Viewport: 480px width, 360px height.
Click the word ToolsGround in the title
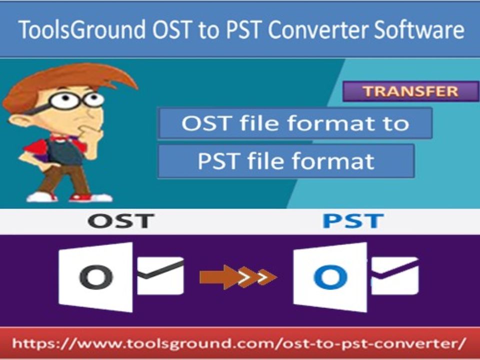click(81, 29)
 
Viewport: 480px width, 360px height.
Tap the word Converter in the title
click(319, 29)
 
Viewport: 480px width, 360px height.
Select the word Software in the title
click(419, 29)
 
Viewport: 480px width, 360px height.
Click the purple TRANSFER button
click(410, 91)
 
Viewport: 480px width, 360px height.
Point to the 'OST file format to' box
click(295, 123)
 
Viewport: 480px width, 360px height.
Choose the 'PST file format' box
click(286, 161)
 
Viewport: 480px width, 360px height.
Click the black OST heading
click(121, 221)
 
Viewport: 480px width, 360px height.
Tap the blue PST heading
click(353, 221)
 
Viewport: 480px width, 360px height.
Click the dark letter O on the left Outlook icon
click(96, 276)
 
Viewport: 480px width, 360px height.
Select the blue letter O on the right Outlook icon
click(330, 277)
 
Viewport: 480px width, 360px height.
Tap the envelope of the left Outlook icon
click(160, 276)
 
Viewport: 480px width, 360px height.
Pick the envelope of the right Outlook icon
click(395, 276)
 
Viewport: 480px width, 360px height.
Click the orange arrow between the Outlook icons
click(238, 277)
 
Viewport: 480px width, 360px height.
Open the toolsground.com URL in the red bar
click(239, 343)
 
